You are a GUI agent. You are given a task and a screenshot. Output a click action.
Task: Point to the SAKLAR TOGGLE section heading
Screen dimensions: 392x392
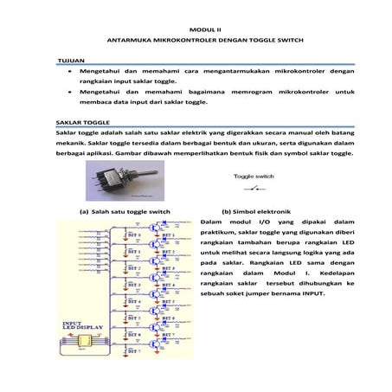[82, 123]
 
